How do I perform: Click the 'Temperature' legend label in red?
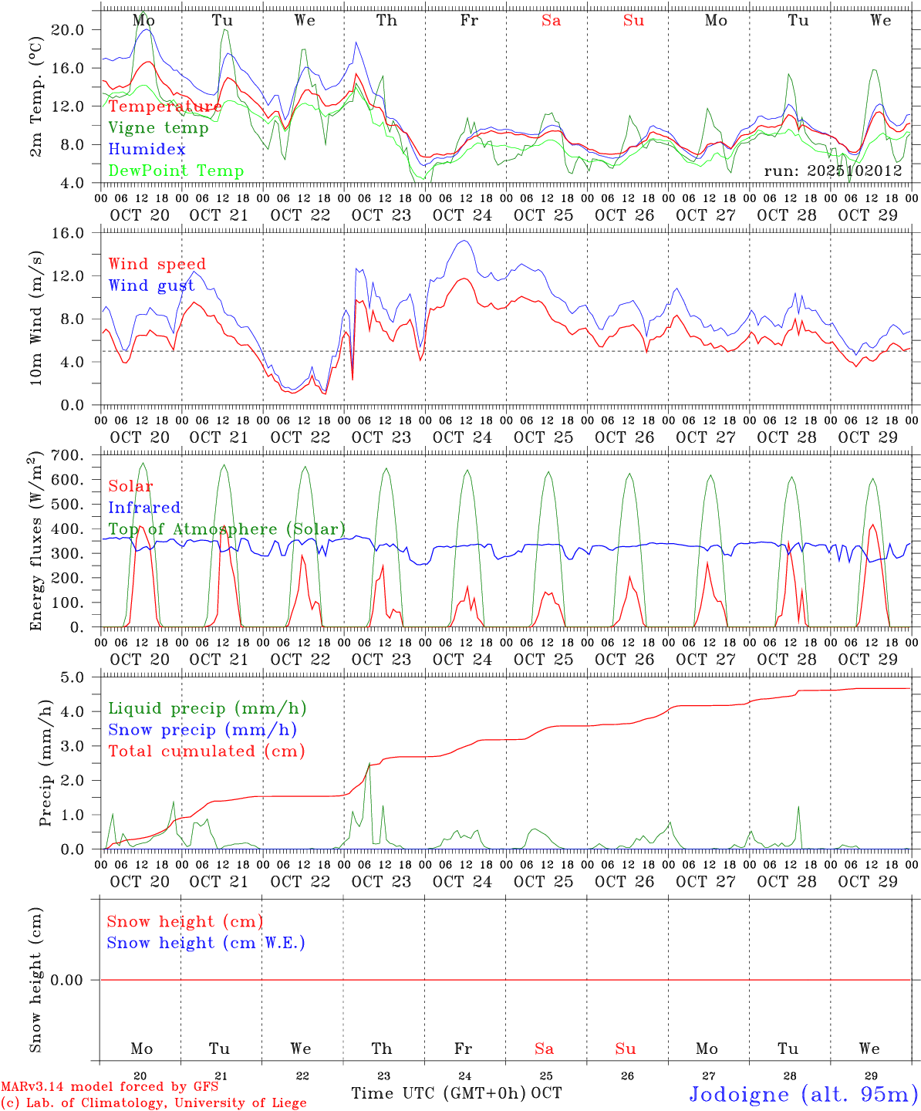click(165, 106)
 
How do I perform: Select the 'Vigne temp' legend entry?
click(158, 128)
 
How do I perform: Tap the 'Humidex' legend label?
click(147, 150)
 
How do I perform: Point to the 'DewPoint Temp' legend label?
click(176, 171)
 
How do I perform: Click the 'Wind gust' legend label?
click(151, 285)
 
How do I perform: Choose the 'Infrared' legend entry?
click(144, 508)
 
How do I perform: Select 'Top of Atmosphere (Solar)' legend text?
click(227, 529)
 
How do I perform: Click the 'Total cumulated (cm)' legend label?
click(207, 751)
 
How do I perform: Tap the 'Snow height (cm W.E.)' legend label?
click(206, 943)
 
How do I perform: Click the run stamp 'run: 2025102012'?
click(833, 171)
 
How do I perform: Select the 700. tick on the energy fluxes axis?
click(78, 455)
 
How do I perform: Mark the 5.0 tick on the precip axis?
click(83, 677)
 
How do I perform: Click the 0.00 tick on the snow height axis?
click(78, 980)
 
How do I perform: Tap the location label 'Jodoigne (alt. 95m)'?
click(803, 1094)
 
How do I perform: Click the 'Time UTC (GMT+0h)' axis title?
click(439, 1093)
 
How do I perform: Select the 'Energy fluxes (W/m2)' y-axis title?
click(35, 542)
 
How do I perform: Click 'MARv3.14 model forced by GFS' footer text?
click(110, 1087)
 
